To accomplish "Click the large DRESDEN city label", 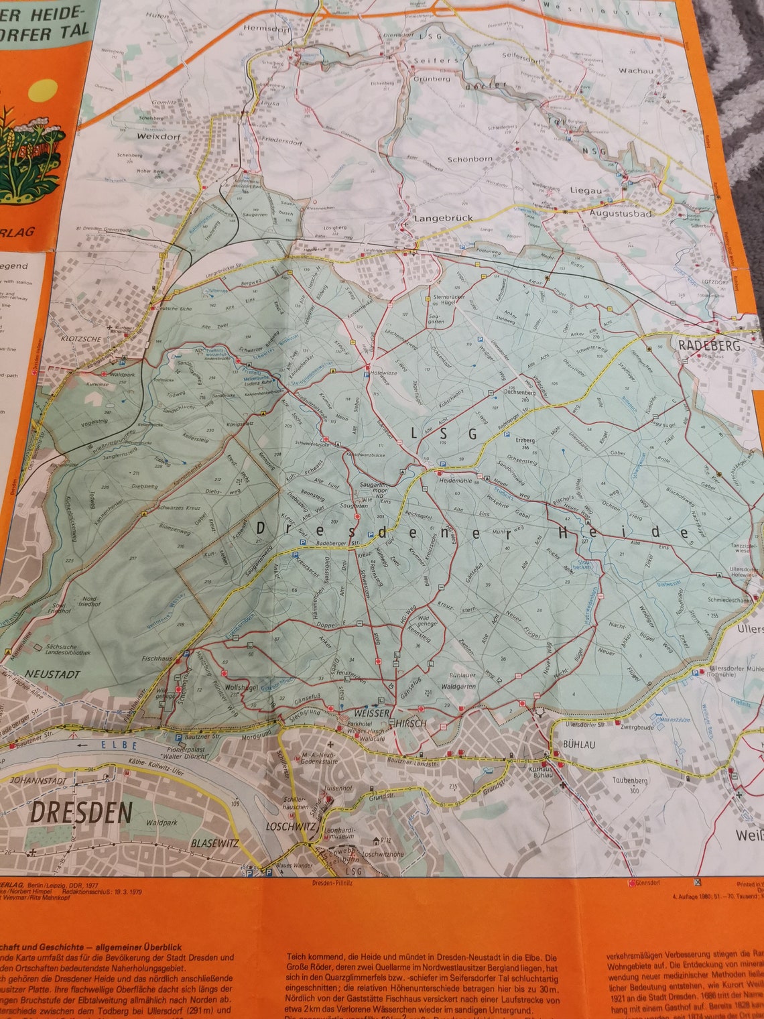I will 82,812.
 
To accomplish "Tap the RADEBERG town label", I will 710,345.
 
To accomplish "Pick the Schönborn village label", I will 470,160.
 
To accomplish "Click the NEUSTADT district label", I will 53,674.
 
